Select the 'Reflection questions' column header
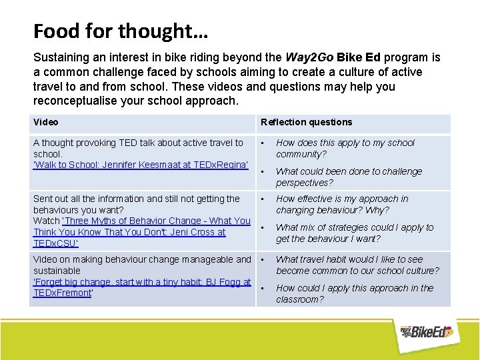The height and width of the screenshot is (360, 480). tap(306, 122)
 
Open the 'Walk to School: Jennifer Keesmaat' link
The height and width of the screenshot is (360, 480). tap(141, 165)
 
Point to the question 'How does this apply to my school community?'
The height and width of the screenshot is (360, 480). tap(345, 148)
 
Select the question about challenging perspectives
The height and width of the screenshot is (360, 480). tap(349, 177)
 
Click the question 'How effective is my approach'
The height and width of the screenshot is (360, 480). tap(342, 204)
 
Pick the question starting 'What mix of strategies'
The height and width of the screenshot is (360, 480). tap(354, 233)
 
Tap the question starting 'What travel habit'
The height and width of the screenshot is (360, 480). tap(357, 265)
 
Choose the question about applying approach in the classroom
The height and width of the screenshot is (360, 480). tap(354, 293)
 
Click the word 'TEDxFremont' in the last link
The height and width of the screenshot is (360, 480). tap(61, 293)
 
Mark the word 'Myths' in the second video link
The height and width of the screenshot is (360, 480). tap(109, 221)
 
